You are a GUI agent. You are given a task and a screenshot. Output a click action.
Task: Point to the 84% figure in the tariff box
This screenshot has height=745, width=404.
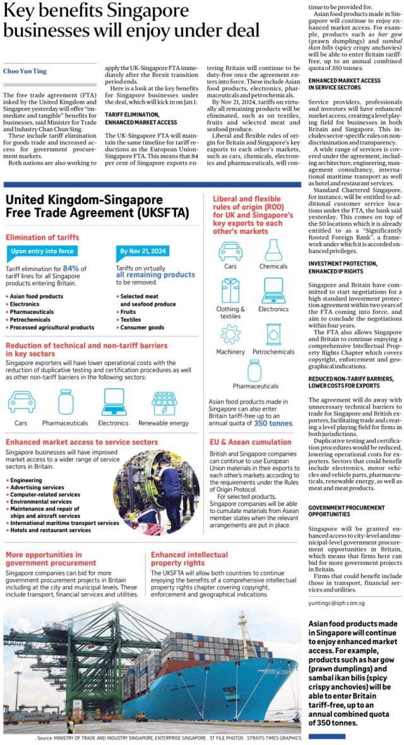pyautogui.click(x=71, y=270)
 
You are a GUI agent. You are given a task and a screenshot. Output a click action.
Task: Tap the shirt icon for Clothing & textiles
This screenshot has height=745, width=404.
pyautogui.click(x=230, y=291)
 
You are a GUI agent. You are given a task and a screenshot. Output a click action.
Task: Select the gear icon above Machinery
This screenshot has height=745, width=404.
pyautogui.click(x=230, y=334)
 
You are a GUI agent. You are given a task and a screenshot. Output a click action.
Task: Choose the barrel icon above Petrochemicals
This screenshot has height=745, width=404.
pyautogui.click(x=273, y=334)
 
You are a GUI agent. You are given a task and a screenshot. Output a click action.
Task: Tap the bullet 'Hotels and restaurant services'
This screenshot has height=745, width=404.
pyautogui.click(x=50, y=530)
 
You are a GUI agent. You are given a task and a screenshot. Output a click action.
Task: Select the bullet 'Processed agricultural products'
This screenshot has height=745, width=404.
pyautogui.click(x=52, y=327)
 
